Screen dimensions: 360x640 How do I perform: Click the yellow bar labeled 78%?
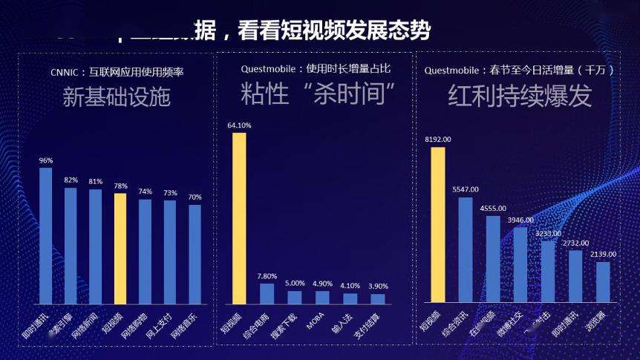click(120, 249)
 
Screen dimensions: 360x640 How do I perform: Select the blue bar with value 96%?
click(45, 235)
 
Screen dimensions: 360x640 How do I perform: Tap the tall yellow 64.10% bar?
click(239, 219)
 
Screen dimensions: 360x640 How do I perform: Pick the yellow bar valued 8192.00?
click(438, 224)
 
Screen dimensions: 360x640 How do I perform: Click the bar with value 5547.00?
click(466, 249)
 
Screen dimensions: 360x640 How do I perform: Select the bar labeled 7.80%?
click(267, 293)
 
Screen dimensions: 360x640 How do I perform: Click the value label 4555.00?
click(492, 209)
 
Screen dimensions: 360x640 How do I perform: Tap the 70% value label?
click(195, 197)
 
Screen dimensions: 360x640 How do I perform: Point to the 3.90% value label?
click(378, 286)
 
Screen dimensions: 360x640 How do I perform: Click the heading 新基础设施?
click(116, 96)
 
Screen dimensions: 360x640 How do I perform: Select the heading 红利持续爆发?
click(520, 96)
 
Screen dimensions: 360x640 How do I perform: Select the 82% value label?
click(71, 180)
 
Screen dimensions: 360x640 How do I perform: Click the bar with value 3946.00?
click(520, 264)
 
